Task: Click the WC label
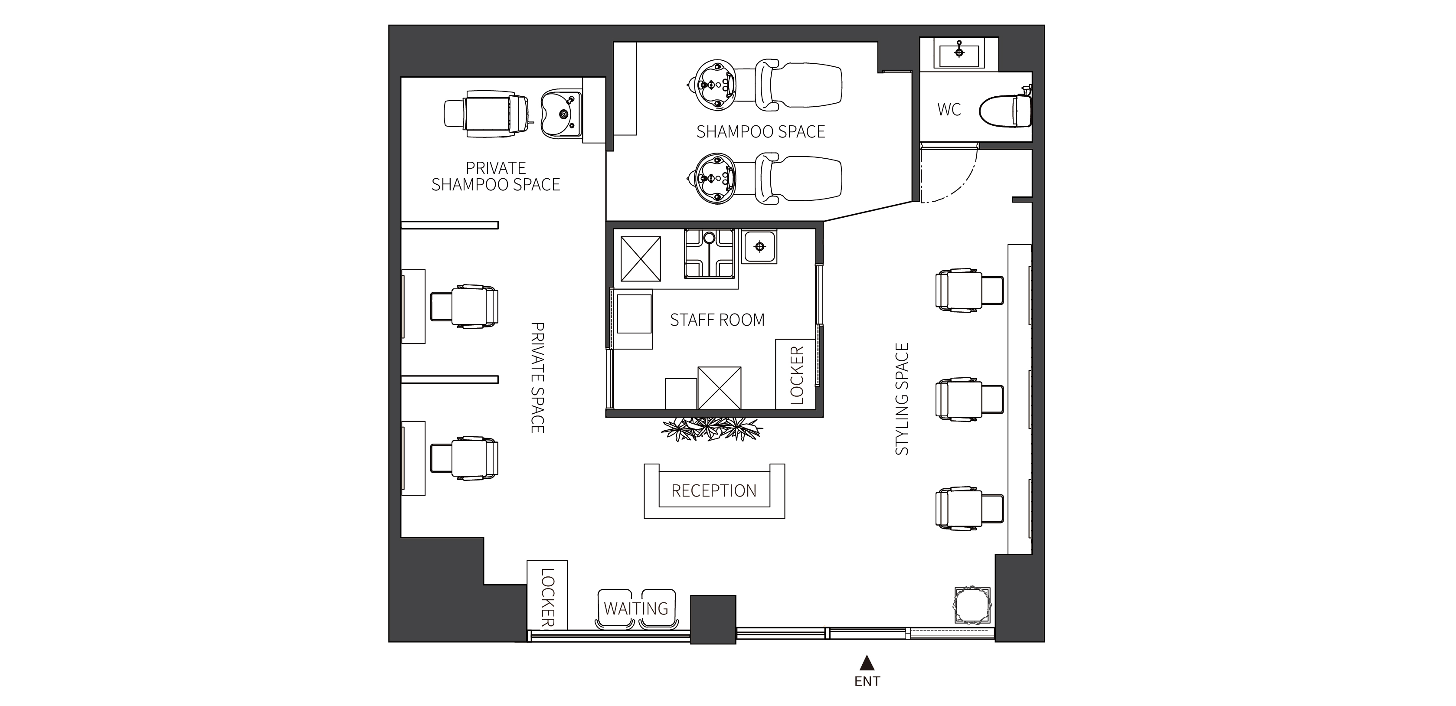point(949,110)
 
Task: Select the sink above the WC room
point(959,54)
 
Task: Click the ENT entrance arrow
point(867,663)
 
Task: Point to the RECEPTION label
point(714,490)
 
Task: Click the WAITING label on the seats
point(636,609)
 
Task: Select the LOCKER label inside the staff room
point(796,375)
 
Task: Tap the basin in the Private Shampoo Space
point(561,114)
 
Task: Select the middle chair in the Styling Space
point(969,400)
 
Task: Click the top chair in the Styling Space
point(969,290)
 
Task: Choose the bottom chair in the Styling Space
point(969,509)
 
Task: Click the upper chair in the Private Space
point(464,306)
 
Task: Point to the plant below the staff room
point(712,429)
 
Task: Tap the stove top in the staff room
point(710,253)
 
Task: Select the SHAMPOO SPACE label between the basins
point(761,132)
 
